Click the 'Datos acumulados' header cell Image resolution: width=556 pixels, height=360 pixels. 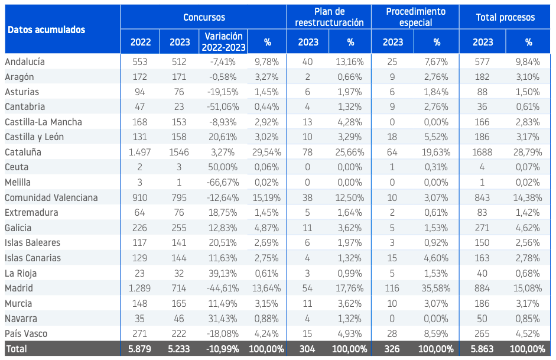[x=47, y=30]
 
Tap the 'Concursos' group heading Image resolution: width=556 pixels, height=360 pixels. [x=204, y=17]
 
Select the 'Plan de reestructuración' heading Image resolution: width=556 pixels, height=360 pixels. [x=329, y=17]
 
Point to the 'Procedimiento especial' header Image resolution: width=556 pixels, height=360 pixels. [x=415, y=17]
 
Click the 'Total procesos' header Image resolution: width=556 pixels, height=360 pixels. [x=505, y=17]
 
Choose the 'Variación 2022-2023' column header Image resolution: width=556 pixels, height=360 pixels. [x=223, y=42]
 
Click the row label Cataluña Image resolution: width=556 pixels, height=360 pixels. [x=23, y=152]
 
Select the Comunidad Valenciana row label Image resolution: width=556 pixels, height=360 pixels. [x=51, y=197]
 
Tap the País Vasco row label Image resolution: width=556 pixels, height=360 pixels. [x=26, y=334]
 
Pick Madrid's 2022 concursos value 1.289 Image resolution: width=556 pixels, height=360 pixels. [x=139, y=288]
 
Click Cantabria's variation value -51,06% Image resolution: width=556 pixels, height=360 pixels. [x=223, y=107]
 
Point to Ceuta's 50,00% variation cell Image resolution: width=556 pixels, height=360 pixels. [x=223, y=167]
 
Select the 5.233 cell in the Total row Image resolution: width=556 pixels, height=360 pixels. [x=179, y=349]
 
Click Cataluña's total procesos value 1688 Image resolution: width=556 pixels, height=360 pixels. [x=482, y=152]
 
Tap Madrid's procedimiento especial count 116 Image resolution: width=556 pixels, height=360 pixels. [x=392, y=288]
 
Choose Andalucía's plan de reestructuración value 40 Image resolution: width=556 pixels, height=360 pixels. [x=307, y=61]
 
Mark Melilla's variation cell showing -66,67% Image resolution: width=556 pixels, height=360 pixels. [x=223, y=182]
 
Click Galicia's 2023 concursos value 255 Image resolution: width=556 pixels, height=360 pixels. [x=179, y=228]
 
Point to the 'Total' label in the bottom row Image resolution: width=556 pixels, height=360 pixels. [x=17, y=349]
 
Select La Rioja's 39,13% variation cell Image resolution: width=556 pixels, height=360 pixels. [x=223, y=274]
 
